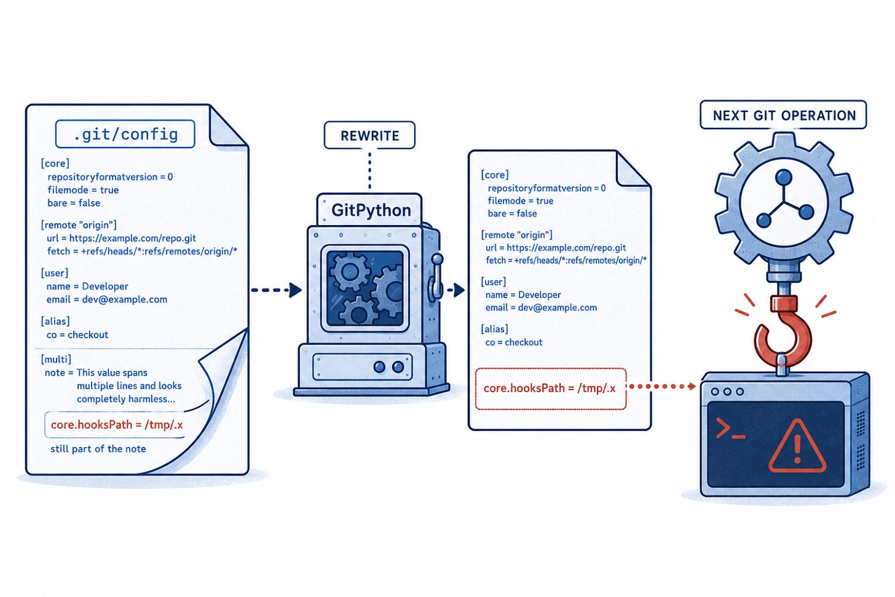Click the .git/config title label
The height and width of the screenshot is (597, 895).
(x=125, y=134)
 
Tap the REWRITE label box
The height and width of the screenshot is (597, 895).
(x=369, y=135)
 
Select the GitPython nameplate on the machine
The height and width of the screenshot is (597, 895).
(x=369, y=210)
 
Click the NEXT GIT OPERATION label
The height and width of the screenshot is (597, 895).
(x=784, y=115)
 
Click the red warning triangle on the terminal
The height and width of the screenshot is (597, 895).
(x=797, y=446)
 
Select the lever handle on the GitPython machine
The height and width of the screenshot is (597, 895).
(x=436, y=275)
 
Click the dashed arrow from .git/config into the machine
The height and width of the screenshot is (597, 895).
(x=276, y=290)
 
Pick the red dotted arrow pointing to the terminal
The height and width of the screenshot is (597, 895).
(x=661, y=386)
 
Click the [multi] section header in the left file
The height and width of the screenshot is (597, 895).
(x=56, y=359)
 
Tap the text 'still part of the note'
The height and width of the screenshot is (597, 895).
(x=98, y=449)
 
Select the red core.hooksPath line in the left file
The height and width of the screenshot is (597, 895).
(x=117, y=424)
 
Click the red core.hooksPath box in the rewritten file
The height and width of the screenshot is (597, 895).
(x=551, y=389)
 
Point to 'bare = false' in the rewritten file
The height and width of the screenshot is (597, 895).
(x=512, y=213)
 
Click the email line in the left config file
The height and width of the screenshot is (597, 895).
(x=107, y=299)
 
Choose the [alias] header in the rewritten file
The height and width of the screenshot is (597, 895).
(x=495, y=329)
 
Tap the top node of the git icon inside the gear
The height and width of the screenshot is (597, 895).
(x=783, y=176)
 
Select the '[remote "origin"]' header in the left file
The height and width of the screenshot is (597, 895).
(x=79, y=225)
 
